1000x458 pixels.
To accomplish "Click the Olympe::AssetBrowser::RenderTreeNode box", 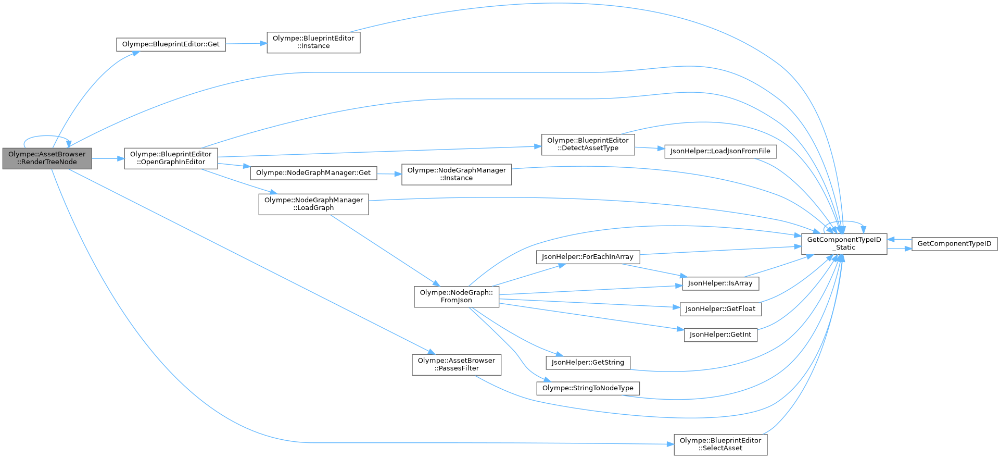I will [47, 158].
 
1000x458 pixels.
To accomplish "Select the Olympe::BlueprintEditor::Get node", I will [171, 44].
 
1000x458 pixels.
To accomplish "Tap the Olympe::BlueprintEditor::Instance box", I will [313, 42].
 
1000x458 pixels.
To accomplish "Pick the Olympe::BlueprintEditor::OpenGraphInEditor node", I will [171, 158].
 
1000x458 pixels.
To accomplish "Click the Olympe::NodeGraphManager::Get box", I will [313, 173].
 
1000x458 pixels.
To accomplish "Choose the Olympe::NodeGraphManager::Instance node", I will [457, 174].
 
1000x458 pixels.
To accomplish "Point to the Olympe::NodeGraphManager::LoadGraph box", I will [313, 204].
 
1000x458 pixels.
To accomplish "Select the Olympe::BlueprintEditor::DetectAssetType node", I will [588, 144].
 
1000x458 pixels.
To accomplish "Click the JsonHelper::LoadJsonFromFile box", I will [720, 151].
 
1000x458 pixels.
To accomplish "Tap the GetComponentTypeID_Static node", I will [844, 244].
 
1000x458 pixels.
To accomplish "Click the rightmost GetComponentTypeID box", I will [954, 244].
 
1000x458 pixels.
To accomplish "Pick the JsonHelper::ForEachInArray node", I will [587, 257].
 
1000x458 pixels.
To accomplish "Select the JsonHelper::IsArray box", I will [720, 283].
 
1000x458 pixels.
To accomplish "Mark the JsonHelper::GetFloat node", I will [720, 309].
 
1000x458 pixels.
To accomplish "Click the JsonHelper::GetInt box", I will [720, 335].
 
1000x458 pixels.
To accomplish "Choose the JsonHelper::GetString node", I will [588, 363].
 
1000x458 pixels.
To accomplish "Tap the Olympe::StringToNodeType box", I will [588, 388].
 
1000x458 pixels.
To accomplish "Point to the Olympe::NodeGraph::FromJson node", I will [457, 296].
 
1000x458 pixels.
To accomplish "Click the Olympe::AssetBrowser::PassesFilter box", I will [457, 365].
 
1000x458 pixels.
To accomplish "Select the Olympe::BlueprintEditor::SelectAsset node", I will [720, 444].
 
